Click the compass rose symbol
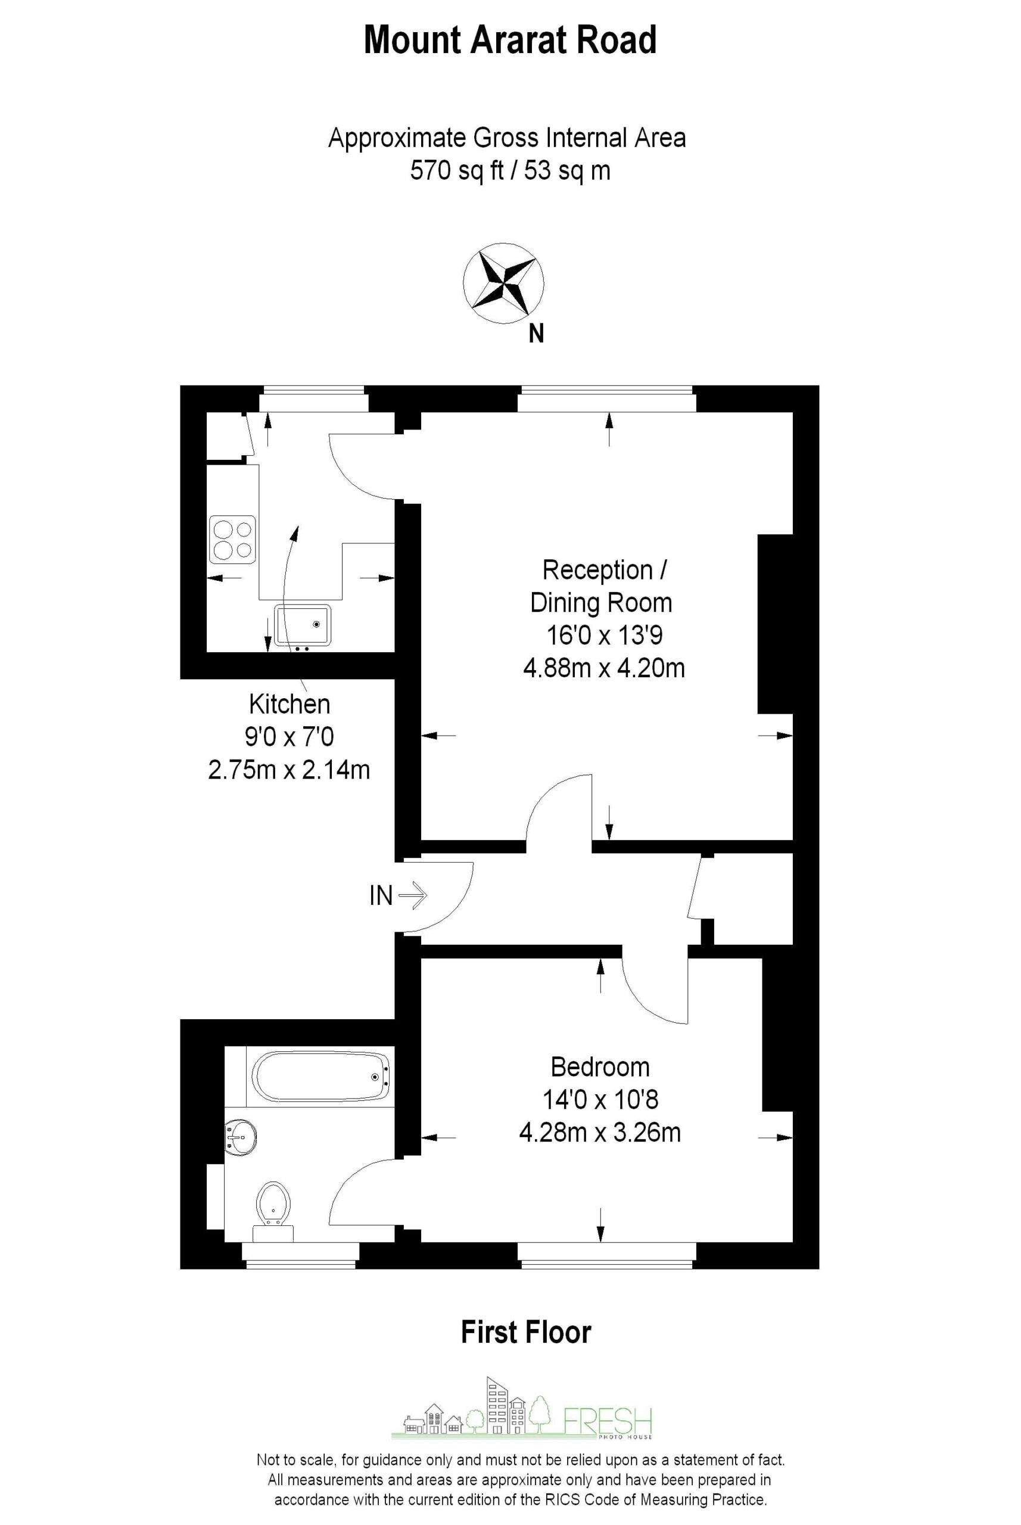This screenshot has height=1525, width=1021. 503,283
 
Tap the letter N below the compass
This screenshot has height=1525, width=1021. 536,334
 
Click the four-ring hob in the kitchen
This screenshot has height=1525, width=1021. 232,539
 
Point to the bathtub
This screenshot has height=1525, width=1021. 320,1077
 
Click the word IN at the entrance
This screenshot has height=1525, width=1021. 381,895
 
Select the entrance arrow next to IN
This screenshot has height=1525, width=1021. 412,895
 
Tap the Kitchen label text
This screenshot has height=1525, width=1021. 289,704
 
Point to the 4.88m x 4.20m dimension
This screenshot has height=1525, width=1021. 603,669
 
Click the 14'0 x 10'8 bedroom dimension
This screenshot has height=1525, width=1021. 600,1100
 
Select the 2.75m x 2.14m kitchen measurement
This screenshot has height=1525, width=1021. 289,770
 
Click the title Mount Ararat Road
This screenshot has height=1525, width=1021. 510,40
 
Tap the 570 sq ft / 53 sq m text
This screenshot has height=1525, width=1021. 510,170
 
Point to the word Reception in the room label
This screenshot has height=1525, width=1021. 597,571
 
